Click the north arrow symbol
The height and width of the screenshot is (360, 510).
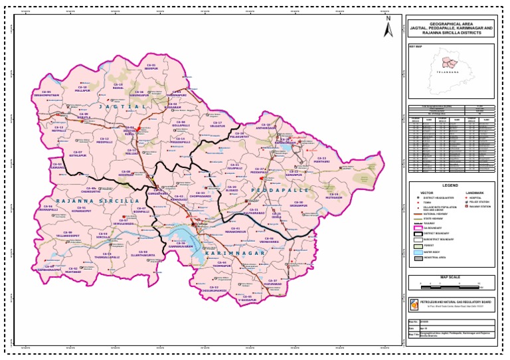coord(388,27)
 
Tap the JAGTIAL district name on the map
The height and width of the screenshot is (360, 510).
coord(122,106)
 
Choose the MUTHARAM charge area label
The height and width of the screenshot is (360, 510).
coord(334,196)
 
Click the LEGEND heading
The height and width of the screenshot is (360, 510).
coord(451,185)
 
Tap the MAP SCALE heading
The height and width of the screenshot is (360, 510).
coord(451,277)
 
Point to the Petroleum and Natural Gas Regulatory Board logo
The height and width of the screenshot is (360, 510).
coord(414,304)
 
